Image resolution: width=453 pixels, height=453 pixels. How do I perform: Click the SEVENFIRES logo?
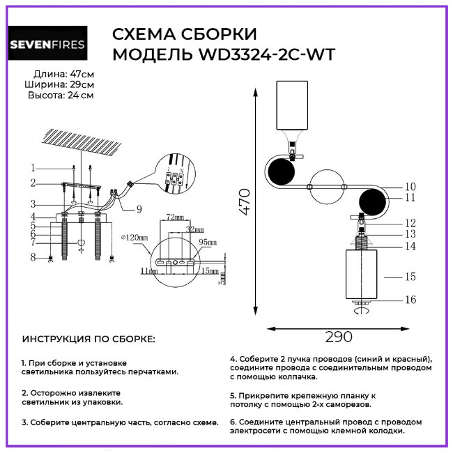47,45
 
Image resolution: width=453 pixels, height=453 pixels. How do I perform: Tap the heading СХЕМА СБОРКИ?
184,34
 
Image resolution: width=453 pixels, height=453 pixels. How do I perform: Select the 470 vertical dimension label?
244,202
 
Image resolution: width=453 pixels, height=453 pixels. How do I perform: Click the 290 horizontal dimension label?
339,337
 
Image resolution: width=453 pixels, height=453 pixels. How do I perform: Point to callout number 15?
410,277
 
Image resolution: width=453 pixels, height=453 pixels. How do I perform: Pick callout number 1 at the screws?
32,167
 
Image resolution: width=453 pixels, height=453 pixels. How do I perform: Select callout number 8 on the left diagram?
32,258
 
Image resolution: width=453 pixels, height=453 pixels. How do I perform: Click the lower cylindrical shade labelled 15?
361,273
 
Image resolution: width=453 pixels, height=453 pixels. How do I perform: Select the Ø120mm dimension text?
135,238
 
